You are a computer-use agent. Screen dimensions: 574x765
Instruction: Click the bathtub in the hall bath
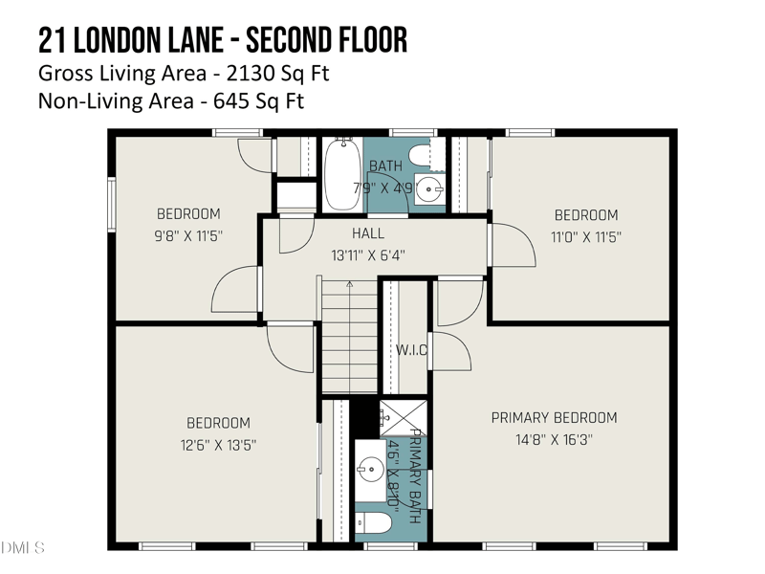tap(341, 174)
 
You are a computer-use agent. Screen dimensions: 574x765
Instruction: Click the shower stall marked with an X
tap(393, 417)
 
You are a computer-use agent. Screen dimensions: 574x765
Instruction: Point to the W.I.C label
tap(411, 350)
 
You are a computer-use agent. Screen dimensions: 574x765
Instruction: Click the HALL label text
tap(368, 233)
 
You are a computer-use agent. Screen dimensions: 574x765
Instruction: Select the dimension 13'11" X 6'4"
tap(368, 255)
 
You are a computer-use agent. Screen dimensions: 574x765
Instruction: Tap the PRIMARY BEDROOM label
tap(554, 418)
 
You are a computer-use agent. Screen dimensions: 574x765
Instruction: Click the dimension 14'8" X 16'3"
tap(554, 440)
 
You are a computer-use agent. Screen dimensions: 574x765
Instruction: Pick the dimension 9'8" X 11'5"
tap(188, 236)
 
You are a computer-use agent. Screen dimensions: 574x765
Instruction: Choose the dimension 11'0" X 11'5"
tap(585, 236)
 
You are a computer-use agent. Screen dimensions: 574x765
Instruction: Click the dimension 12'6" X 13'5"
tap(218, 445)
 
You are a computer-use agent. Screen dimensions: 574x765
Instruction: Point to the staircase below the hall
tap(349, 335)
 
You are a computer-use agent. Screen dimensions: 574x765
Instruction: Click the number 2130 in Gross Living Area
tap(227, 73)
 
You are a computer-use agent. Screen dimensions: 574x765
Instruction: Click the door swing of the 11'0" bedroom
tap(513, 248)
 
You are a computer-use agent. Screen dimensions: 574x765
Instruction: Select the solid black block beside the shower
tap(364, 416)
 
